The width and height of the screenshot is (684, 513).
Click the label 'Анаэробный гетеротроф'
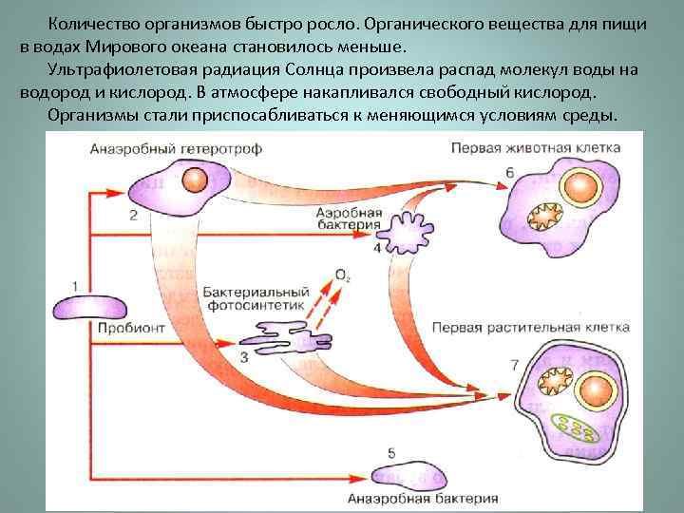[176, 149]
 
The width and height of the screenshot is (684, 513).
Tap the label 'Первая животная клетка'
[535, 149]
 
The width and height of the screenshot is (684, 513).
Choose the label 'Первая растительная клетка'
[530, 326]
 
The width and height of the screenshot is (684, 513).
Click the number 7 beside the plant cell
[513, 366]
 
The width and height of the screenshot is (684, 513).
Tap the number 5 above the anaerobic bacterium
[391, 450]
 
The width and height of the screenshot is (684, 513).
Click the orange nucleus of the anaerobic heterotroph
[195, 180]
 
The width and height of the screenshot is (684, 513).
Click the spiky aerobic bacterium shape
[410, 229]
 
